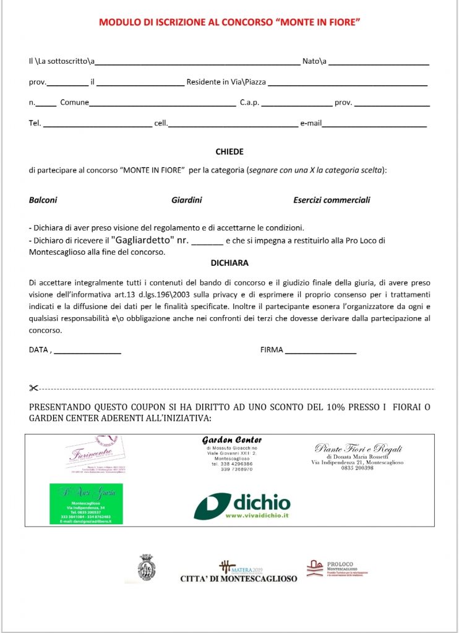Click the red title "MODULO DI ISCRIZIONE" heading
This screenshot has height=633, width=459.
tap(229, 22)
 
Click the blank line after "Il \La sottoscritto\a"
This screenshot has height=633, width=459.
tap(197, 63)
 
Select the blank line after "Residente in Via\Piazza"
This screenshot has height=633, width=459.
tap(348, 83)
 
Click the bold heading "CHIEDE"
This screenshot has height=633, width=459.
tap(229, 151)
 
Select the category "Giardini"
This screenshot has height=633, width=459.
tap(187, 200)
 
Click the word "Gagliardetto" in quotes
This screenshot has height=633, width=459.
tap(147, 240)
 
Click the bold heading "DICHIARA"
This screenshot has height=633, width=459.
tap(229, 263)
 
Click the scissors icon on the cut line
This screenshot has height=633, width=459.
tap(33, 388)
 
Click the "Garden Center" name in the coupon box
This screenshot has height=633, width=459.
tap(232, 440)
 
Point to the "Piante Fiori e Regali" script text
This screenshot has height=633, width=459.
tap(358, 449)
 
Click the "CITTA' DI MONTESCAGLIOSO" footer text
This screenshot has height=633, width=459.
tap(239, 579)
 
